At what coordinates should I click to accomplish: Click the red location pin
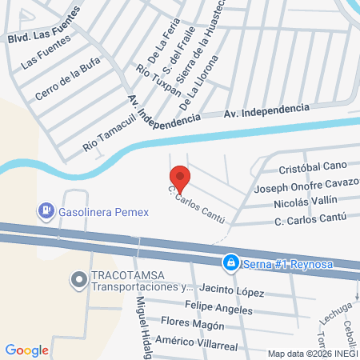click(x=180, y=178)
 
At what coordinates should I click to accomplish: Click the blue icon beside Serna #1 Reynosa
click(x=230, y=262)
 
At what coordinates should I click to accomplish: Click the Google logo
click(x=26, y=350)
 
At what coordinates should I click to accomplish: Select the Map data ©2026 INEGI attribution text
click(x=312, y=354)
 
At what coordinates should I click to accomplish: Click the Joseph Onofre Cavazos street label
click(x=306, y=188)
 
